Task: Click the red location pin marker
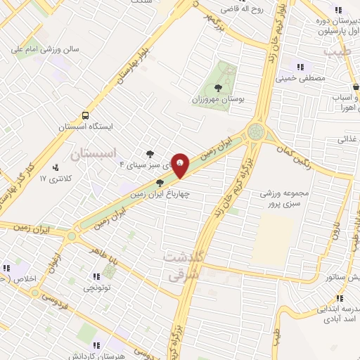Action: click(x=181, y=164)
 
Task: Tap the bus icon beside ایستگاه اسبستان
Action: click(x=86, y=115)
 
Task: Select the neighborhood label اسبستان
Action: click(x=97, y=151)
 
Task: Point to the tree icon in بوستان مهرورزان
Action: click(x=218, y=88)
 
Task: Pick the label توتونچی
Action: click(x=97, y=288)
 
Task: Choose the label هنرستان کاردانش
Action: click(x=96, y=355)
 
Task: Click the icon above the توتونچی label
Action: click(x=97, y=276)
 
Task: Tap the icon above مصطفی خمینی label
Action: click(x=301, y=67)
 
